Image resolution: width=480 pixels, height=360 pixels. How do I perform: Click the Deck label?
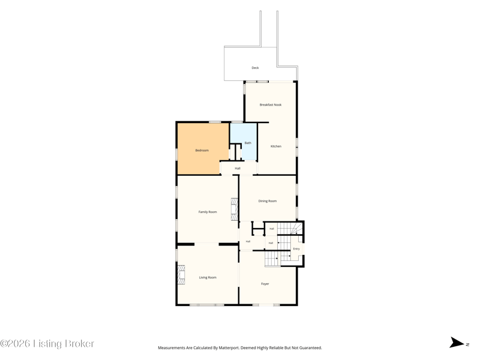coord(255,68)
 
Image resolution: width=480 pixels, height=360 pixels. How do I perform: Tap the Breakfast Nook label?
coord(271,104)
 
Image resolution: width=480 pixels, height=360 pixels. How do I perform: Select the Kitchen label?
coord(276,146)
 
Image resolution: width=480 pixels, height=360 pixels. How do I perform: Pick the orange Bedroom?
coord(202,149)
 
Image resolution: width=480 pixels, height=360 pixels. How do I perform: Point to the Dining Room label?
coord(268,201)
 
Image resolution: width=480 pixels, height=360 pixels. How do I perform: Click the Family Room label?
coord(208,212)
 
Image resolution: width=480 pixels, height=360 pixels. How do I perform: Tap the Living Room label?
coord(208,277)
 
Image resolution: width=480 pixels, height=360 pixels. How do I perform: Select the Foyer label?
coord(265,284)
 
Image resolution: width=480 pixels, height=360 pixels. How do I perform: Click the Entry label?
coord(296,249)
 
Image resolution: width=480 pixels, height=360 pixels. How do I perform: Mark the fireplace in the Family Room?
coord(235,209)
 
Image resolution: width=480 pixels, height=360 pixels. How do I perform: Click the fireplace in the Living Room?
coord(182,275)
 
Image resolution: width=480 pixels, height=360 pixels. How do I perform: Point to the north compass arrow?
coord(457,343)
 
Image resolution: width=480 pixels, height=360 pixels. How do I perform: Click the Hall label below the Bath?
coord(238,169)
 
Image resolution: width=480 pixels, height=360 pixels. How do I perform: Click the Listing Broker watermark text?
coord(47,343)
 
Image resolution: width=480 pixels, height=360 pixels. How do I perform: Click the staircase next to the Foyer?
coord(271,259)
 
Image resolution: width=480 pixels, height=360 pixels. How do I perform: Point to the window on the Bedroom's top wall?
coord(215,122)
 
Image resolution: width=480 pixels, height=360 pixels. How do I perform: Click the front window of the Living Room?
coord(207,305)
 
